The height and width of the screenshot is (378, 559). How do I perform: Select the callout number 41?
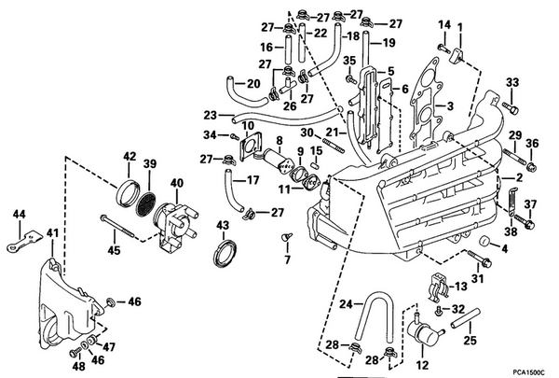pyautogui.click(x=52, y=232)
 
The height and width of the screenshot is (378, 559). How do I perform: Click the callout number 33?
pyautogui.click(x=511, y=86)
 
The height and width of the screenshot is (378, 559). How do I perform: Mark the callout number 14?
pyautogui.click(x=444, y=24)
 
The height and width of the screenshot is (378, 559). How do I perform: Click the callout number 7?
pyautogui.click(x=287, y=259)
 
